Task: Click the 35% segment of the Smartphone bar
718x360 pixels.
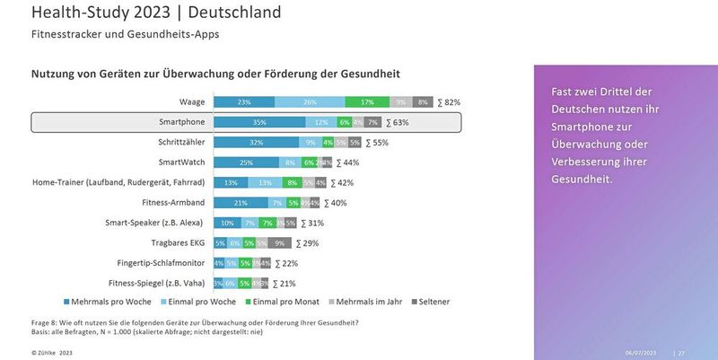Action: point(260,122)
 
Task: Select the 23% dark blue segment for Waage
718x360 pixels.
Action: point(244,102)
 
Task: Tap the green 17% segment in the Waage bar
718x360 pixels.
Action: point(367,102)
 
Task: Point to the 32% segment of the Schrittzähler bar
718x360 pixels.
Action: point(257,142)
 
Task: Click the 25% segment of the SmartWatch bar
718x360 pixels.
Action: point(246,162)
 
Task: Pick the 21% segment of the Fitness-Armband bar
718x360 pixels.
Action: point(241,203)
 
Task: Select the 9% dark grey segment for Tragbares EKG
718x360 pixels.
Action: point(279,242)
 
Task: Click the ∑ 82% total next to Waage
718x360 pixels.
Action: point(449,102)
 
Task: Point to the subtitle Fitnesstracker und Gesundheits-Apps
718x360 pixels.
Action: point(126,34)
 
